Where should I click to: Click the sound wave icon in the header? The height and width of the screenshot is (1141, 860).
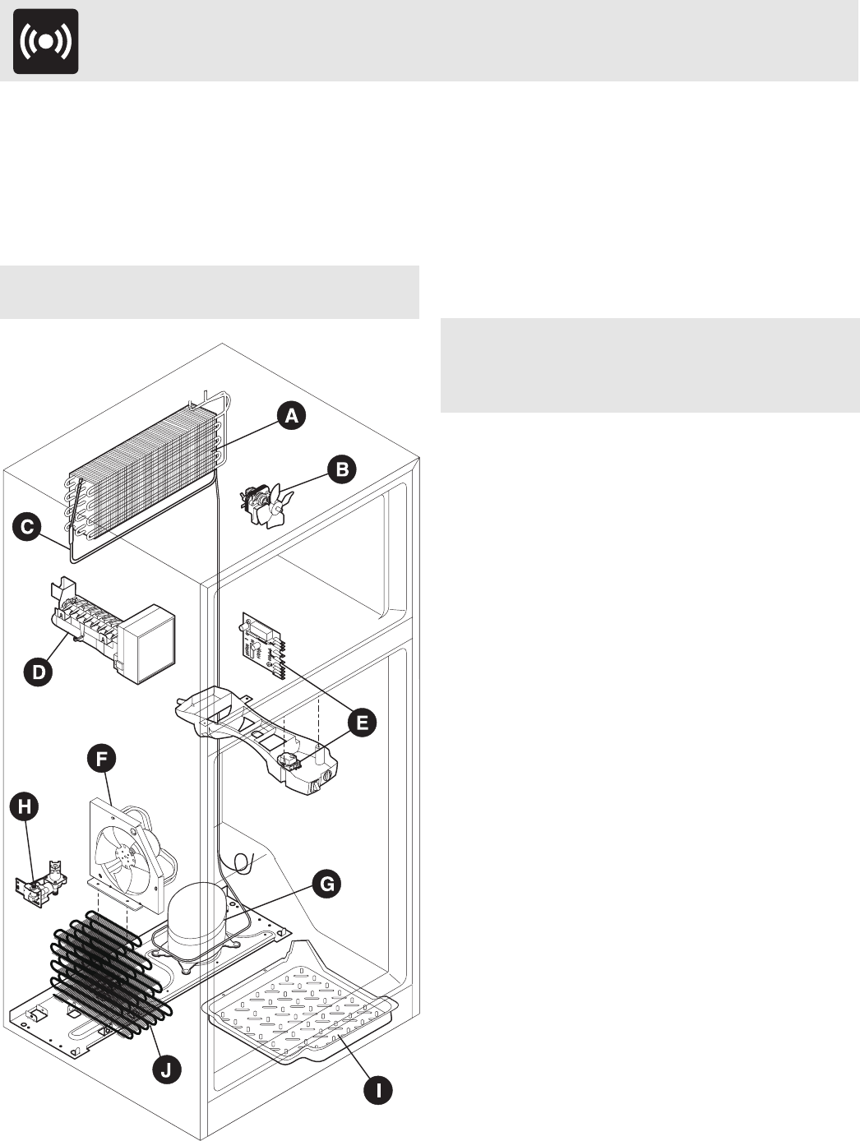click(46, 41)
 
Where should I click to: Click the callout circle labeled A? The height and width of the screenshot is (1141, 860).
click(291, 417)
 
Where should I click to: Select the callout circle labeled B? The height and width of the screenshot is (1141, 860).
click(342, 469)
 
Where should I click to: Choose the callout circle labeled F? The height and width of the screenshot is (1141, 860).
click(103, 759)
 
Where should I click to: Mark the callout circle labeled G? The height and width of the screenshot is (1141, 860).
click(327, 885)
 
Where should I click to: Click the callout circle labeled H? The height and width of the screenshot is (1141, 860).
click(25, 807)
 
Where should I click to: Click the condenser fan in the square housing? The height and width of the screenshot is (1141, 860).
click(123, 855)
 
